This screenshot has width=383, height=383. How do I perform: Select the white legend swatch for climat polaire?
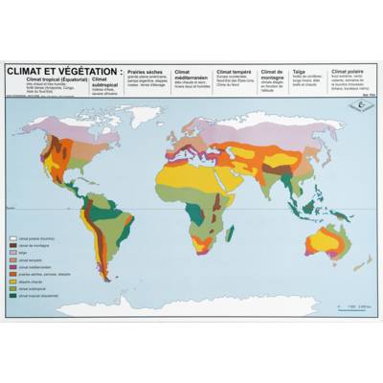click(x=14, y=239)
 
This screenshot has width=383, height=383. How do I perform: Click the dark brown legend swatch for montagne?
click(x=14, y=246)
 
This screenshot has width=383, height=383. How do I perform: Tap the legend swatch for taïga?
click(x=14, y=253)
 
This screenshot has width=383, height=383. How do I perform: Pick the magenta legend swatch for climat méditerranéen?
click(x=14, y=267)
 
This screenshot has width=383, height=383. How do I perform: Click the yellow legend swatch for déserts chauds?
click(x=14, y=282)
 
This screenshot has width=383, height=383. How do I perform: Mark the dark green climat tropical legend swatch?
click(x=14, y=296)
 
